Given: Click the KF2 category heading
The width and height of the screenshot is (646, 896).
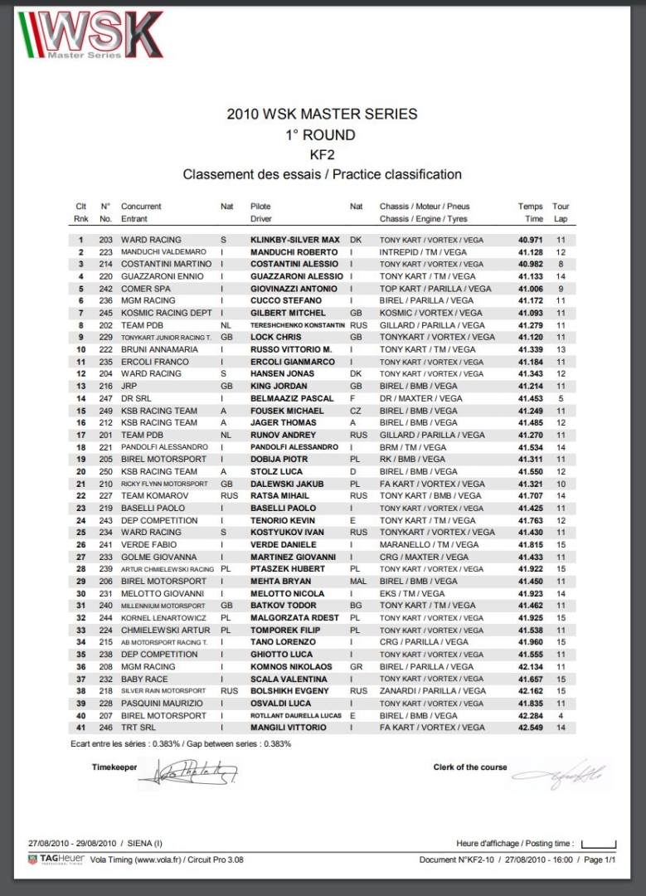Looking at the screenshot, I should [322, 154].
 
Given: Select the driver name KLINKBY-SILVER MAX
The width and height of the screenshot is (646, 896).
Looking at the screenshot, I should [295, 240].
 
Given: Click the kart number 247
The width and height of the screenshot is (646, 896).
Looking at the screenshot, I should [105, 398].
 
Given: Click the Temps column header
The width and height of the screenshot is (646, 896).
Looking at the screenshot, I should [531, 207].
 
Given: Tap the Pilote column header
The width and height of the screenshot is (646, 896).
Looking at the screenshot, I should [260, 207].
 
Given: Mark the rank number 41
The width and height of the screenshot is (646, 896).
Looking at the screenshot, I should [80, 728].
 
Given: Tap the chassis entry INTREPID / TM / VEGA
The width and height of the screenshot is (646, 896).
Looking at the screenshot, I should [423, 252].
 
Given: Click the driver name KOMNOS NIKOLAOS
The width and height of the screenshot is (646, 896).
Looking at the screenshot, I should [294, 667].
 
